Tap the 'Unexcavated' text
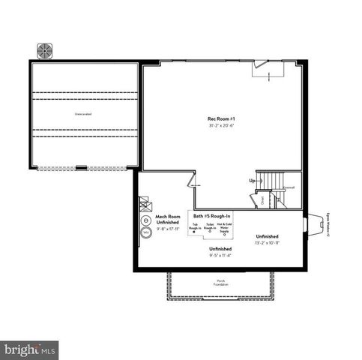82,113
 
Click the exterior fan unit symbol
45,50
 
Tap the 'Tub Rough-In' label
196,226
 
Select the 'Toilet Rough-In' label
210,226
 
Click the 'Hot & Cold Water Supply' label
227,227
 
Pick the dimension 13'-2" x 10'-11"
267,242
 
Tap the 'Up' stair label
252,181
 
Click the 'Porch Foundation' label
220,282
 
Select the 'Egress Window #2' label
328,224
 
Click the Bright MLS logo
30,349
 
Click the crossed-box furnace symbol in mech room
144,203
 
